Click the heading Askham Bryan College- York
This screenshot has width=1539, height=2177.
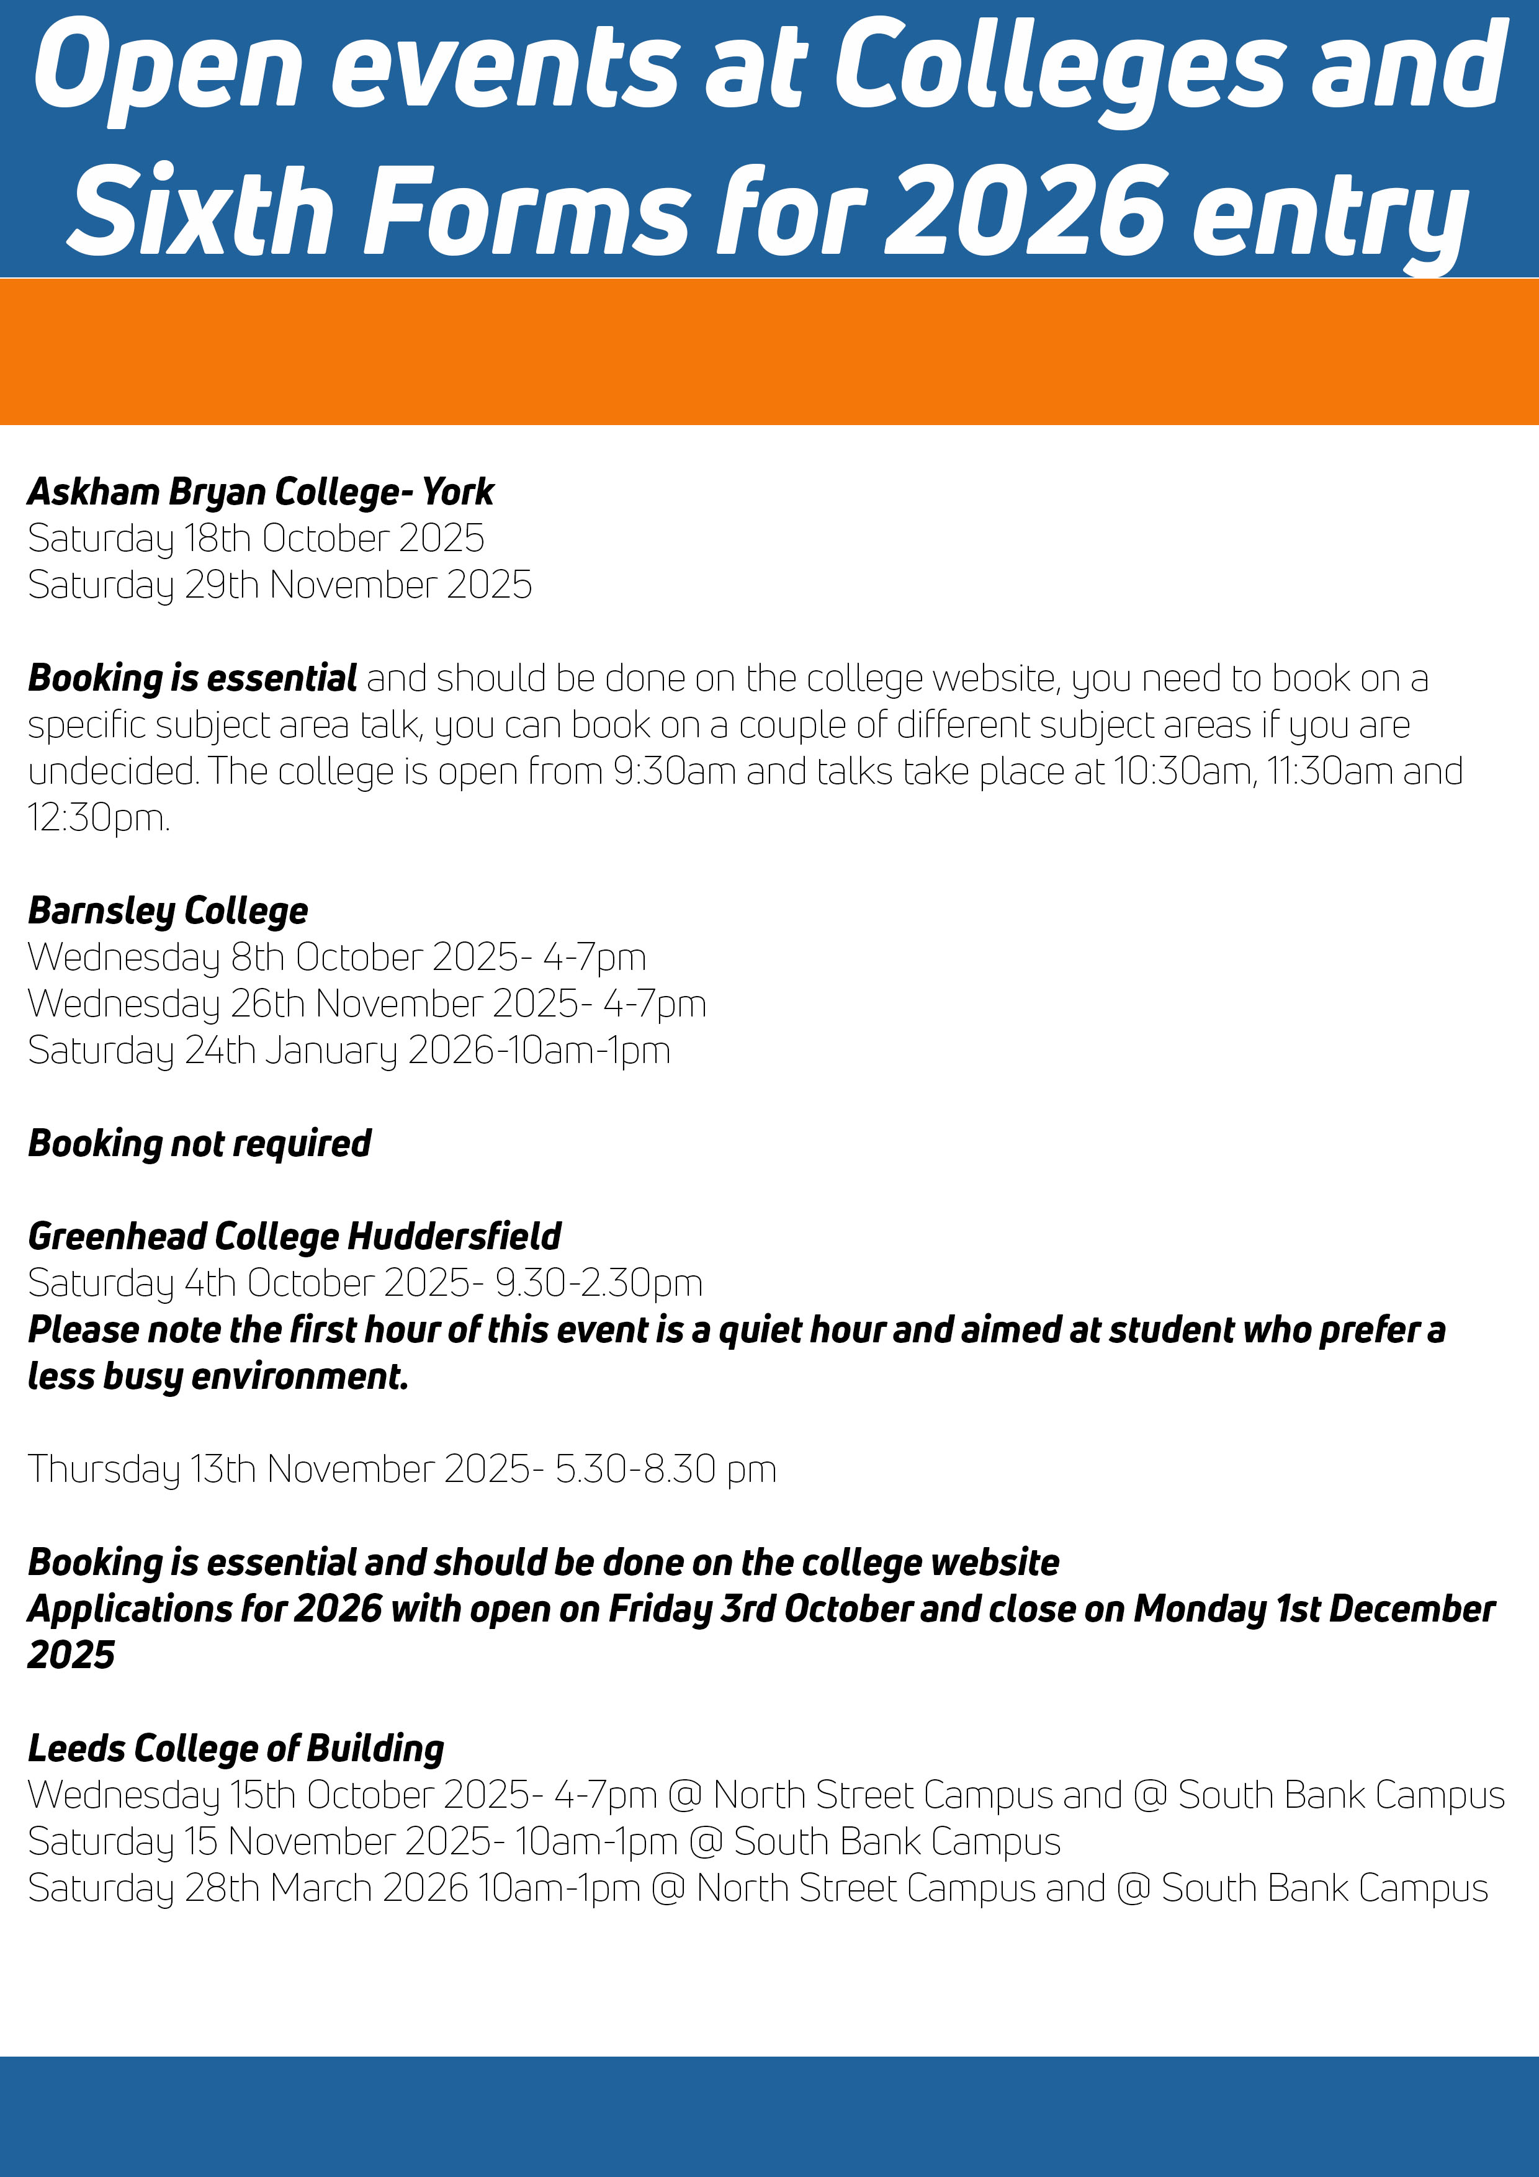[x=261, y=492]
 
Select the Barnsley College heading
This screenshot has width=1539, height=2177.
[x=168, y=911]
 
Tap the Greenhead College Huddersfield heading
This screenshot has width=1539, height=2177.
[x=294, y=1236]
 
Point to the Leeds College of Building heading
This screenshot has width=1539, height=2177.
[x=236, y=1748]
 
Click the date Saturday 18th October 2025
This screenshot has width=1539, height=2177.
[x=256, y=539]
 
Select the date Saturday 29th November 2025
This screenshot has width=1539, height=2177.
[x=280, y=585]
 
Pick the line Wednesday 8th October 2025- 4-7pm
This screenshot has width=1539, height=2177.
[x=336, y=958]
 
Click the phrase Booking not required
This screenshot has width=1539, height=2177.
[x=199, y=1144]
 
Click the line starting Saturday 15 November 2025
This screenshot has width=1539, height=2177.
[x=544, y=1841]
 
